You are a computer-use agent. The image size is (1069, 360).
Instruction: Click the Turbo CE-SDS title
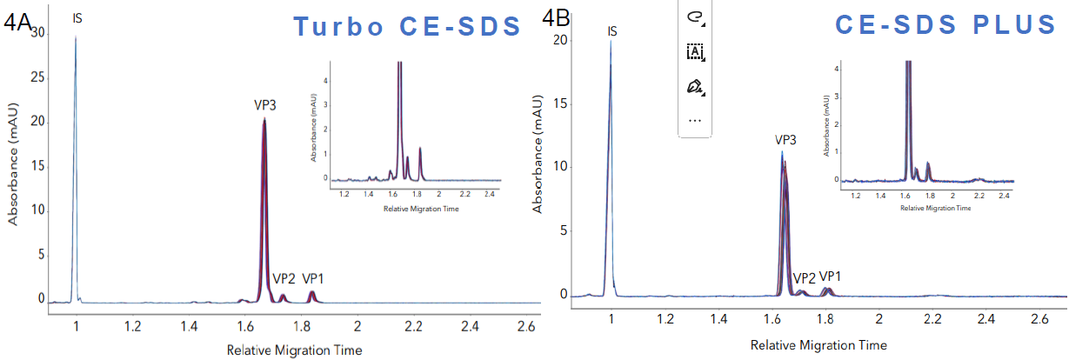tap(406, 26)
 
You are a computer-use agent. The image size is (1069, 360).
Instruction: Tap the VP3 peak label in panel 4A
tap(265, 105)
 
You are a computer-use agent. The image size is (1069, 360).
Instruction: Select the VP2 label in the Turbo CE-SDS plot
tap(284, 279)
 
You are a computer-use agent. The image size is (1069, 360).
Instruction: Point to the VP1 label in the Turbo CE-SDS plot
tap(314, 279)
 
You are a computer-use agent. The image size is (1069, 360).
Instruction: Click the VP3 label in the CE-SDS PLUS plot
tap(786, 139)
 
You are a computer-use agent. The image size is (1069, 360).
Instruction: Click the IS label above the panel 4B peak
tap(612, 32)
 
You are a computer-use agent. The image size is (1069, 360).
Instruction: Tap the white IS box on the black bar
tap(77, 17)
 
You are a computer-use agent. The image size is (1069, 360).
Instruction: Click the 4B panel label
tap(556, 16)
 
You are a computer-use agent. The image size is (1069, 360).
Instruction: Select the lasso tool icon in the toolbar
tap(695, 17)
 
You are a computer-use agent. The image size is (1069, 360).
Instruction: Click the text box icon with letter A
tap(695, 52)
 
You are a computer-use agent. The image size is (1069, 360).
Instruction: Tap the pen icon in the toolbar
tap(695, 87)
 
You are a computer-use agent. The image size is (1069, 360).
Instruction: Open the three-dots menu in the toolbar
tap(695, 121)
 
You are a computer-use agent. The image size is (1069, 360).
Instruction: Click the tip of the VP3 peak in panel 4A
tap(264, 119)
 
